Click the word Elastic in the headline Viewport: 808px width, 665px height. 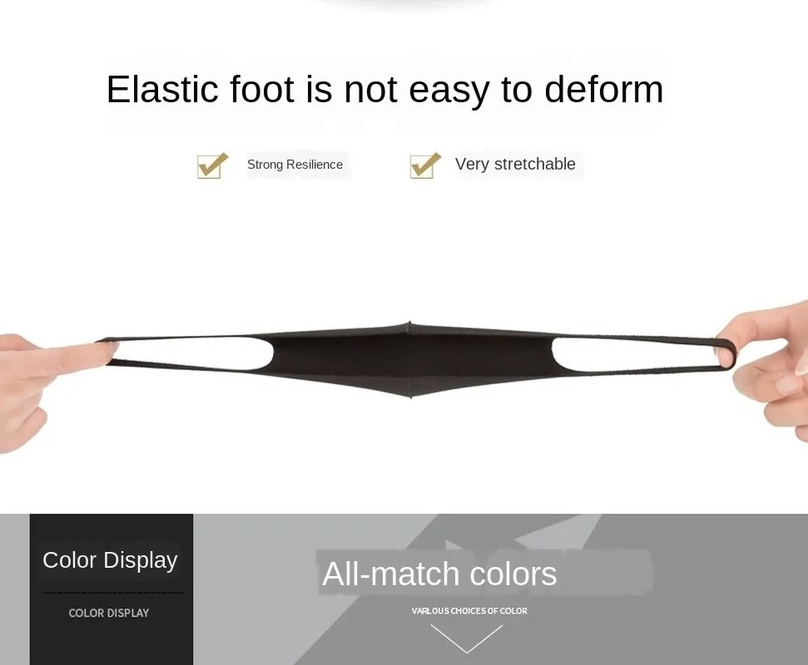pyautogui.click(x=159, y=90)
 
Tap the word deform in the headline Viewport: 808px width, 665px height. pyautogui.click(x=603, y=90)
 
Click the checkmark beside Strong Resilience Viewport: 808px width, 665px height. pyautogui.click(x=212, y=165)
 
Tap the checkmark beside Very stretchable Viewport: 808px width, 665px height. pyautogui.click(x=425, y=165)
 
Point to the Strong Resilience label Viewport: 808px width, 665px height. pyautogui.click(x=295, y=165)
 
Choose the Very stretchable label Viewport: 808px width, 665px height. pyautogui.click(x=515, y=165)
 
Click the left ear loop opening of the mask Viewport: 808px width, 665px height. pyautogui.click(x=191, y=353)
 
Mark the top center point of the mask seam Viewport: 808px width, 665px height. pyautogui.click(x=409, y=324)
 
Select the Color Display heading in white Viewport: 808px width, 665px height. pyautogui.click(x=110, y=560)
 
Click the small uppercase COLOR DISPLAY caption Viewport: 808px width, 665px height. pyautogui.click(x=109, y=613)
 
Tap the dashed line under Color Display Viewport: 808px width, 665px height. pyautogui.click(x=112, y=593)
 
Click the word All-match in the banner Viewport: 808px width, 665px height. pyautogui.click(x=390, y=574)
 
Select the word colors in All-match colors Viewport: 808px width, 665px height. pyautogui.click(x=513, y=574)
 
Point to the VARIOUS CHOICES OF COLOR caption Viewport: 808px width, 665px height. pyautogui.click(x=469, y=611)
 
